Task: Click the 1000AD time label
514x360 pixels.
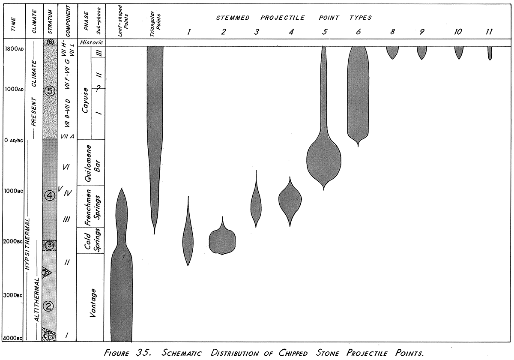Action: tap(12, 90)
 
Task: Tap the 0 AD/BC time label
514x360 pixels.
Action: tap(12, 141)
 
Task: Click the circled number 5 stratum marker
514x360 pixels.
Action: tap(50, 91)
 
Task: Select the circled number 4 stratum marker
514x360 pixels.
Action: tap(50, 196)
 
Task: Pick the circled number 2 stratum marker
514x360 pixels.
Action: tap(49, 306)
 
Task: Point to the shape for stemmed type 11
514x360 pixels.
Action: tap(490, 53)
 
